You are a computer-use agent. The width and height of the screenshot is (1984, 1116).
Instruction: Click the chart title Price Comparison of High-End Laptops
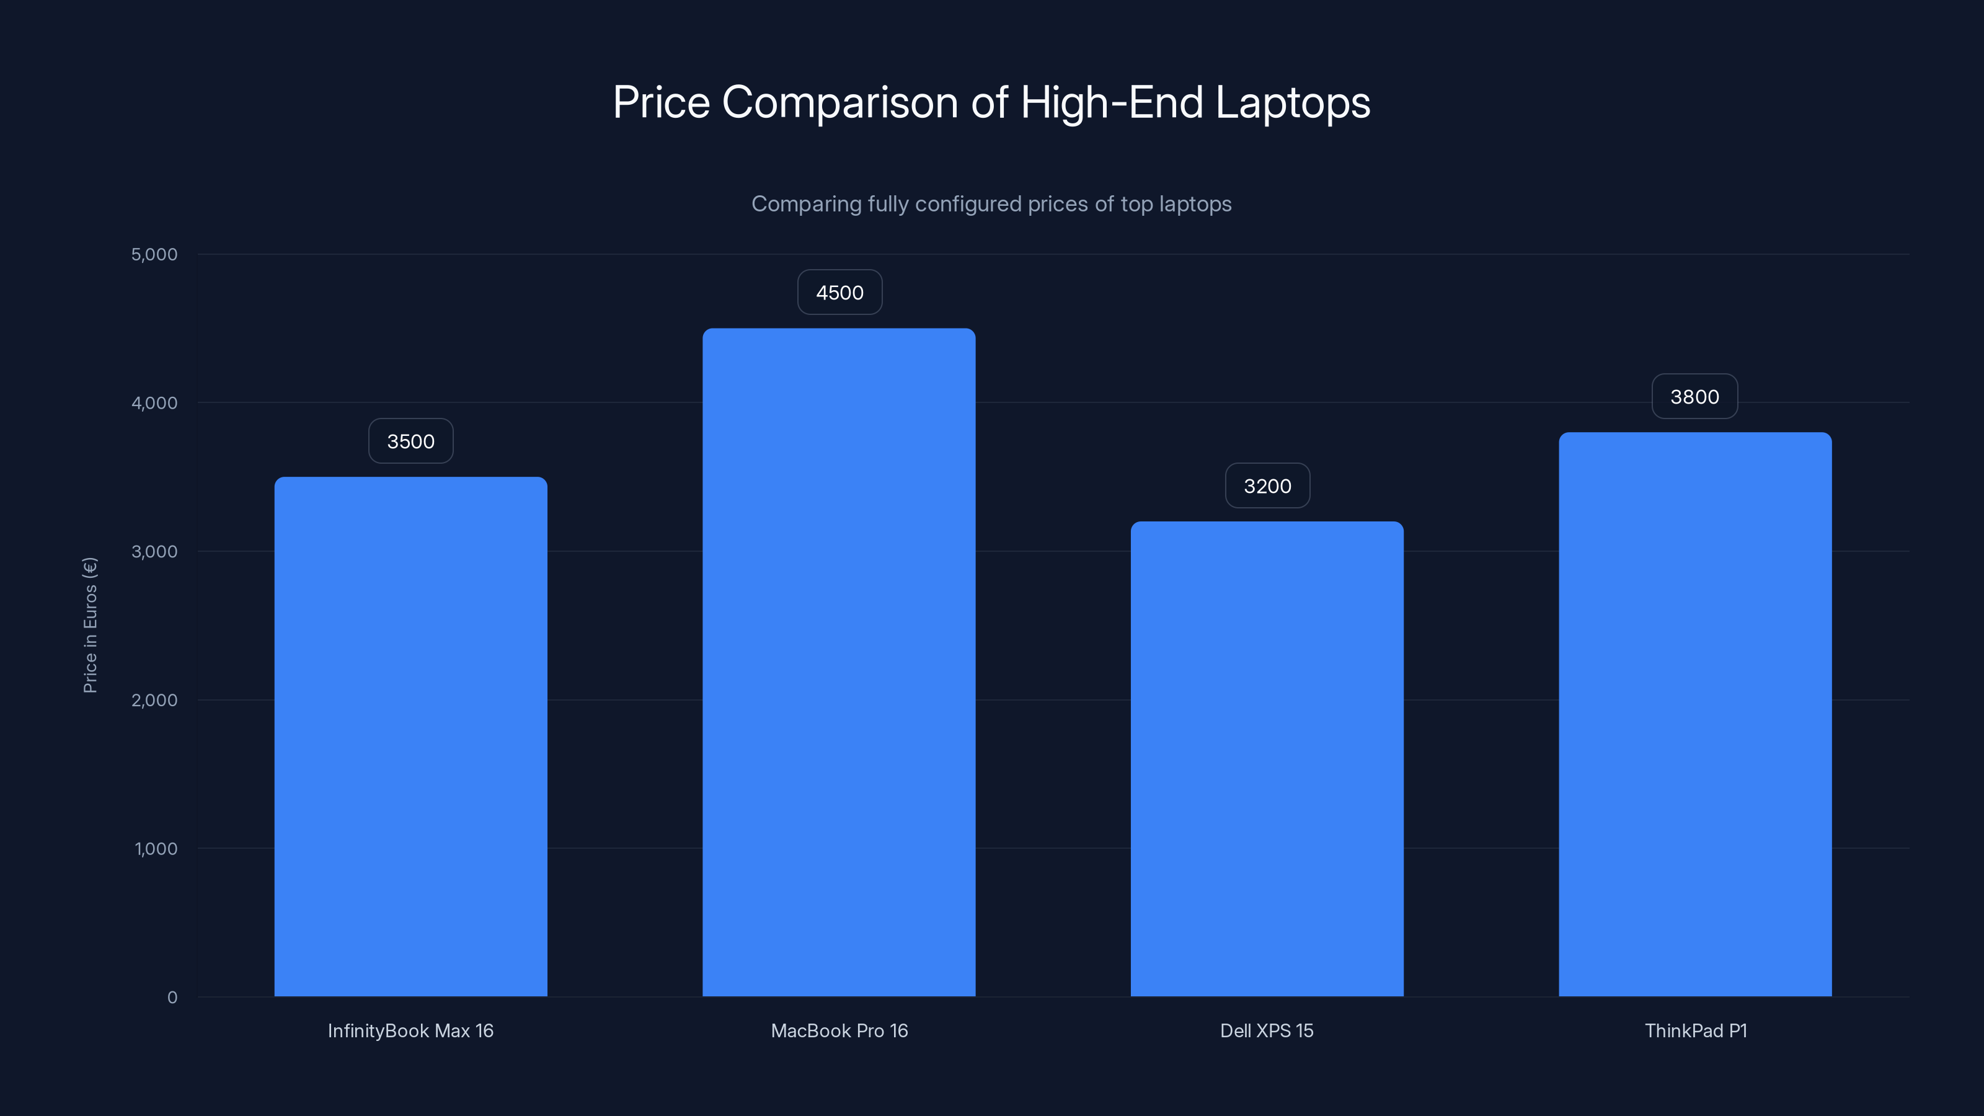click(991, 102)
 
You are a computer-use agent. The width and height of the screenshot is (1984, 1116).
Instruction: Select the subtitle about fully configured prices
click(991, 204)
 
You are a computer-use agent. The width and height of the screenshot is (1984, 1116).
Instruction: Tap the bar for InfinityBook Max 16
click(410, 737)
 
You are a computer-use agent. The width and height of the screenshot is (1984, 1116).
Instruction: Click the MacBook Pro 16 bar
click(839, 662)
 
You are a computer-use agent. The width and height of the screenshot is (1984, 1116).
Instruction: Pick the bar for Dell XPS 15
click(1267, 759)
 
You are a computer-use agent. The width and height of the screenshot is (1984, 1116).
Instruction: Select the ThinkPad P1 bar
click(1695, 714)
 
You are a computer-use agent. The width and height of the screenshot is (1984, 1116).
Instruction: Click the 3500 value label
click(410, 441)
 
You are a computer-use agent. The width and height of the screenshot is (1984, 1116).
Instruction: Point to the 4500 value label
click(839, 293)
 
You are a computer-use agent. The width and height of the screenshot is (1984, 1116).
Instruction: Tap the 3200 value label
click(1267, 486)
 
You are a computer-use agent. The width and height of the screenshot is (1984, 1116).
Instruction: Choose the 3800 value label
click(1694, 397)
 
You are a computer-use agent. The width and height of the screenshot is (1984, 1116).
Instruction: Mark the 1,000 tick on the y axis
click(156, 849)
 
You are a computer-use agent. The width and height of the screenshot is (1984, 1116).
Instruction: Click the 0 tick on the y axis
click(172, 998)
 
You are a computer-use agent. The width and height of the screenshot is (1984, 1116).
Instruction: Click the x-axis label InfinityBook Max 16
click(410, 1030)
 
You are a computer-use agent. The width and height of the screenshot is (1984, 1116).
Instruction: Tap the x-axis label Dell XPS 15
click(1267, 1030)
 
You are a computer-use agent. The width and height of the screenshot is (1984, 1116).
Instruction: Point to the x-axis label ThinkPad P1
click(1695, 1030)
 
